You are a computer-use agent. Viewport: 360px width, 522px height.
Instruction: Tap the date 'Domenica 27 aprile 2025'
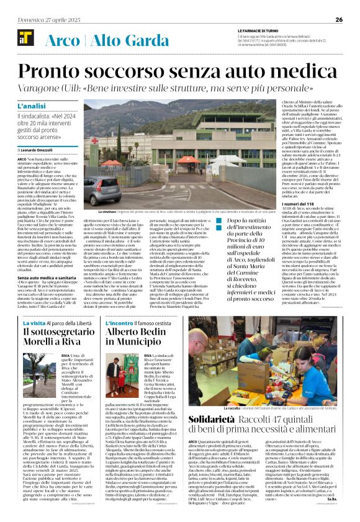[38, 19]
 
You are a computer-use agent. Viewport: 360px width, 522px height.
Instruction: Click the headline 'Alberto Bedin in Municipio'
[138, 337]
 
